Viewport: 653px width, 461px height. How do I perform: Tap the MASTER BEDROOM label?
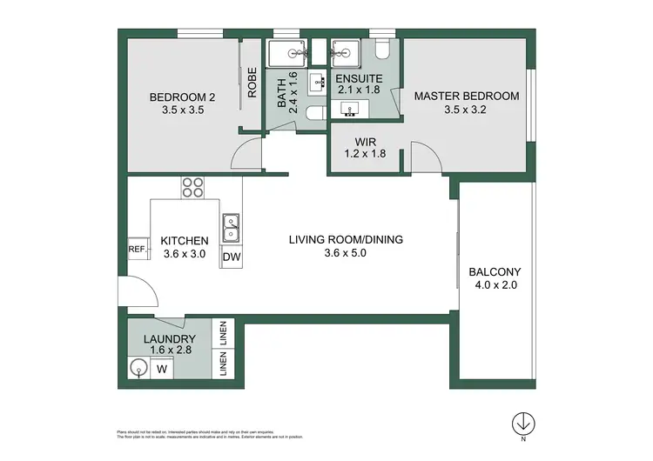(x=466, y=96)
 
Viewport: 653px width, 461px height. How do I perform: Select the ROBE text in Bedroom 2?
(x=251, y=83)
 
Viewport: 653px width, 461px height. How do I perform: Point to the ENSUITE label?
(x=360, y=77)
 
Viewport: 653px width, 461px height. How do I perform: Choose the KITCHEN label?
(x=184, y=241)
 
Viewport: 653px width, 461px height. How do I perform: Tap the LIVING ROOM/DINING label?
(x=347, y=240)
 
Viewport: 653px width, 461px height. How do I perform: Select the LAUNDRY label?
(x=171, y=339)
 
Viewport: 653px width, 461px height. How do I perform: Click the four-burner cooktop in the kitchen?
(x=192, y=187)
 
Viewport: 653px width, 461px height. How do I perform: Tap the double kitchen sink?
(x=232, y=228)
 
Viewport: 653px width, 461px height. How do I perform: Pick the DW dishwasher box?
(x=232, y=257)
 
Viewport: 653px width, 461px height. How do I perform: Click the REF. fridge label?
(x=137, y=249)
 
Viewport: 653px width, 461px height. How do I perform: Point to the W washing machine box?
(x=161, y=369)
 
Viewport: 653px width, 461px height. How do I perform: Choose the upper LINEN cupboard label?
(x=224, y=333)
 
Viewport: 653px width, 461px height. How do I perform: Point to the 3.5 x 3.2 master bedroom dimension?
(x=466, y=110)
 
